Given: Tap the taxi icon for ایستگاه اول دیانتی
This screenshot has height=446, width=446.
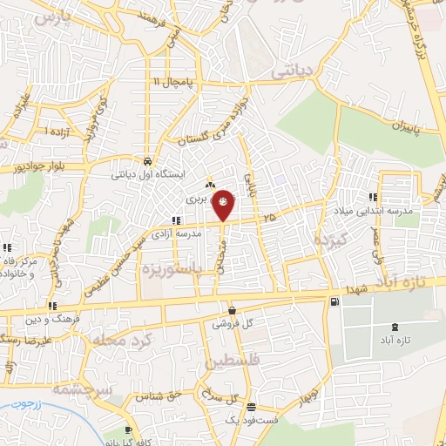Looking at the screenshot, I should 148,162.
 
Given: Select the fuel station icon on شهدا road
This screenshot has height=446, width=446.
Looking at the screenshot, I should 335,302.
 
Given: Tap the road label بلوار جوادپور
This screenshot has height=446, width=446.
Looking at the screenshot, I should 39,165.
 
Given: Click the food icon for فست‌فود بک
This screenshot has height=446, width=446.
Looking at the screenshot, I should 251,408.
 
